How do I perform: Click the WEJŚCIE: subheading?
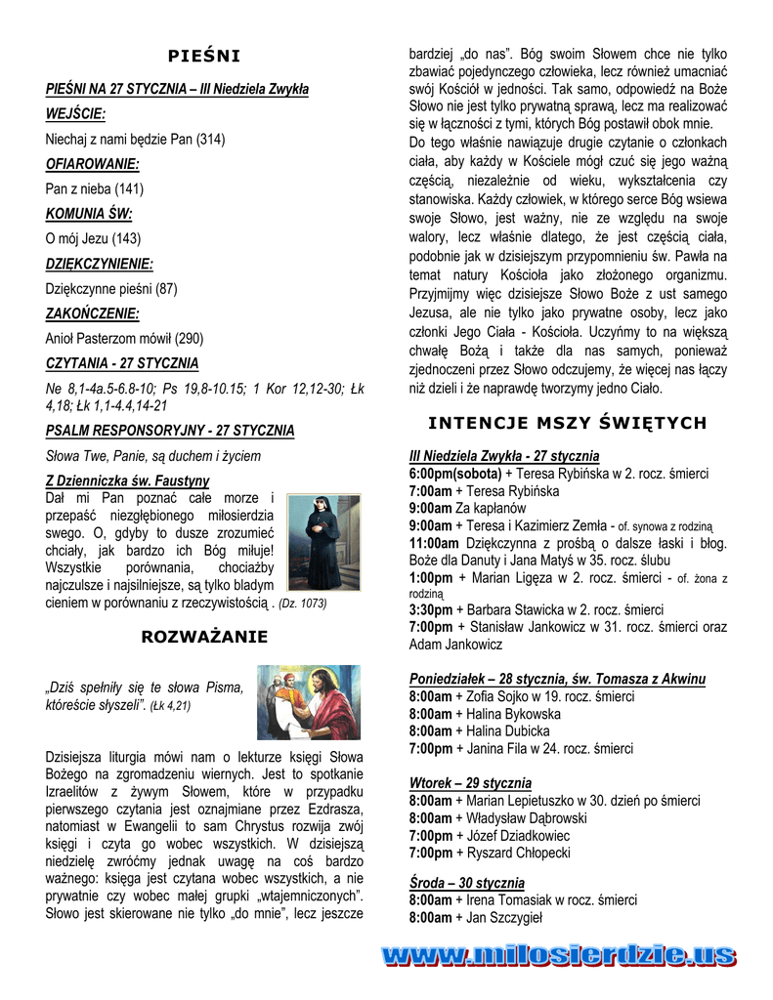point(75,114)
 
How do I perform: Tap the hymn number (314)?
point(210,140)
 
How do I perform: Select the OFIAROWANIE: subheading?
point(92,164)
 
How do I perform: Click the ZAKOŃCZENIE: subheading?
point(92,313)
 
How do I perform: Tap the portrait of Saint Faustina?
point(322,541)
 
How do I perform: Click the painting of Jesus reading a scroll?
point(308,702)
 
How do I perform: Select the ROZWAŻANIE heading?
point(204,638)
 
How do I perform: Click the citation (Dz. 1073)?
point(303,604)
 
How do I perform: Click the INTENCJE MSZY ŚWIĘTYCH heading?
point(567,423)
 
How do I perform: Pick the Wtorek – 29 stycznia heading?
point(470,783)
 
